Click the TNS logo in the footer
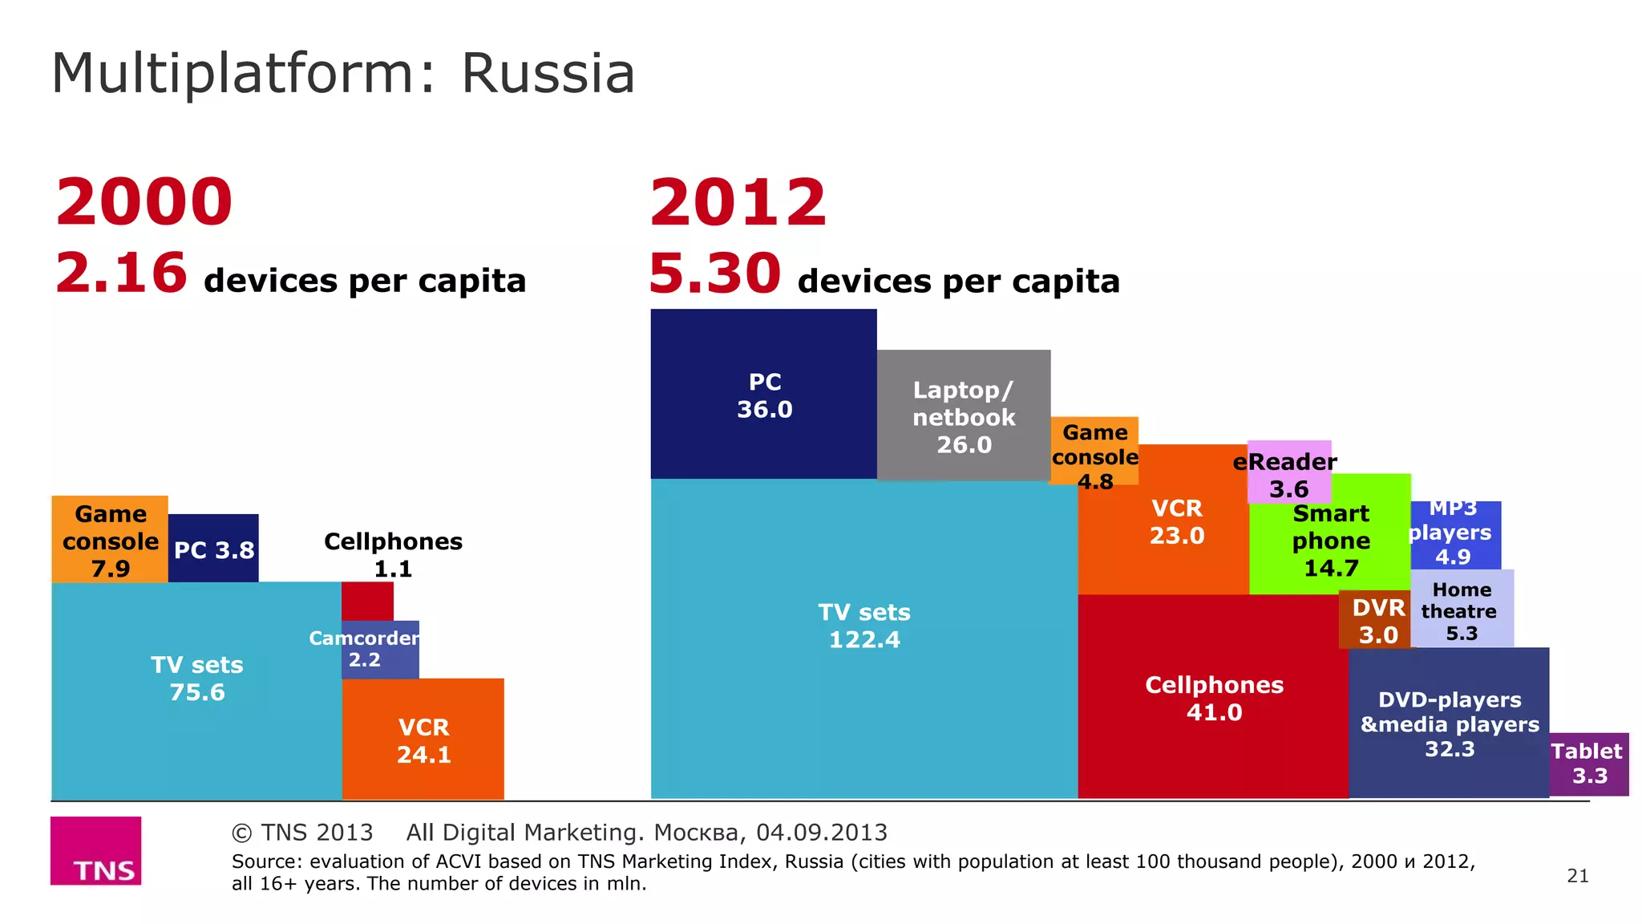[95, 851]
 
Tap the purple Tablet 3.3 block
[1588, 764]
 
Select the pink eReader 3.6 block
[1288, 473]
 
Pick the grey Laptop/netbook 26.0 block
[963, 415]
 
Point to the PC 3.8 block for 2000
[213, 549]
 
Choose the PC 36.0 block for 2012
[763, 395]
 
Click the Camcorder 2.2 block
[380, 650]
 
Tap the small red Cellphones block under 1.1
[367, 601]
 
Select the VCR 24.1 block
[423, 740]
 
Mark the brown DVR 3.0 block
[1376, 620]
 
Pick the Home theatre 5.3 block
[1462, 610]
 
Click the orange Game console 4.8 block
[1094, 451]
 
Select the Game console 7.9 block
[110, 540]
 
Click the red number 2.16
[121, 274]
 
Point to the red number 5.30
[714, 274]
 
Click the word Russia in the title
[548, 74]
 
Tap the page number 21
[1577, 876]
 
